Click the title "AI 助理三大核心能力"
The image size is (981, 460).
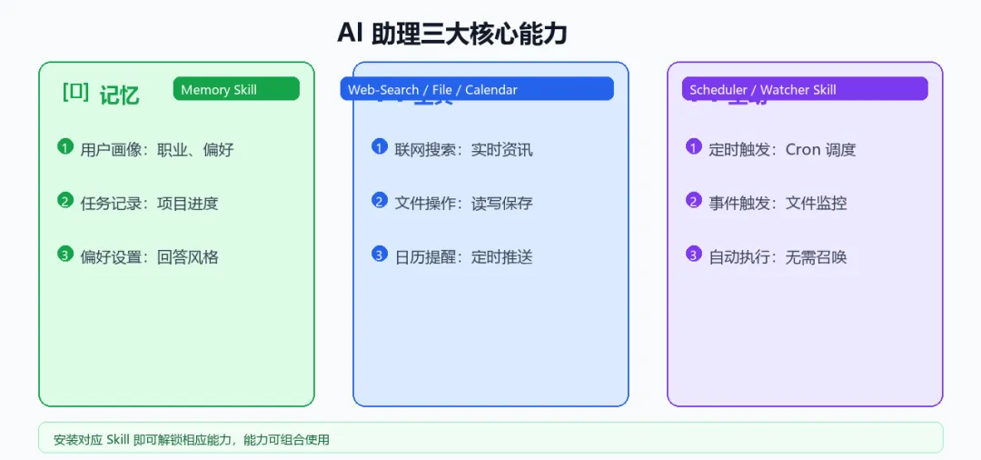pos(451,34)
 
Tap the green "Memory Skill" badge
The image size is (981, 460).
pos(236,89)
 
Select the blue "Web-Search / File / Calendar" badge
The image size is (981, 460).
pos(477,89)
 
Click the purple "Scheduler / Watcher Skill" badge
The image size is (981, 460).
pos(805,89)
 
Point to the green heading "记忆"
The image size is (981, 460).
pos(119,95)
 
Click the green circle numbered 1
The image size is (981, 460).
pos(64,146)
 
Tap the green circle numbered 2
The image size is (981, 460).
pos(64,200)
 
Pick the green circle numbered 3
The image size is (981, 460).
pos(64,254)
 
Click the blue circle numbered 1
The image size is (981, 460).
pos(380,146)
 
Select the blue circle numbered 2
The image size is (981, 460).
pos(380,200)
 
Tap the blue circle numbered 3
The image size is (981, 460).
pos(380,254)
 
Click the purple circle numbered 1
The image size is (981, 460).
pos(694,146)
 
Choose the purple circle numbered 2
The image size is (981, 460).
pos(694,200)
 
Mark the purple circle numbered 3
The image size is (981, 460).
pos(694,254)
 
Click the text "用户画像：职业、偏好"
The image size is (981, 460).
pos(157,149)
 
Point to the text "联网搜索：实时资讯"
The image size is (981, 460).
pos(463,149)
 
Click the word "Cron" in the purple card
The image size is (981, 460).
pos(803,149)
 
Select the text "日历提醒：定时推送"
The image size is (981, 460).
pos(463,256)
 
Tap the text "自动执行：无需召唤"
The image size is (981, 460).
pos(778,256)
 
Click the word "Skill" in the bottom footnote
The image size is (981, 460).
pos(118,439)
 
